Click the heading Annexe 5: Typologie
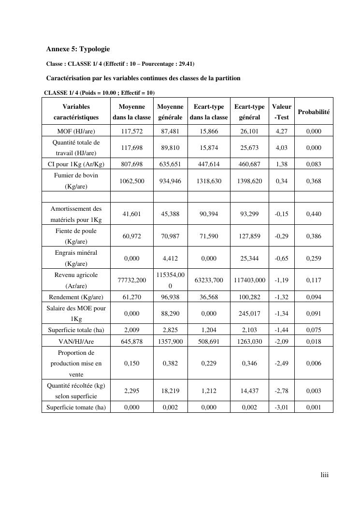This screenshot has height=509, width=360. [78, 49]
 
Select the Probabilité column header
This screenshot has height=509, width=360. [314, 112]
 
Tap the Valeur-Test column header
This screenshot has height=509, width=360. [282, 112]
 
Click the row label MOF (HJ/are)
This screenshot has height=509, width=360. [76, 131]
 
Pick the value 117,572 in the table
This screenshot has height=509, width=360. [132, 131]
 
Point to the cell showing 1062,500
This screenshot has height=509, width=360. [132, 181]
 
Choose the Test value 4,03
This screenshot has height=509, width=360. [282, 147]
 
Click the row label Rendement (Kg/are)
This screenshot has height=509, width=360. [76, 297]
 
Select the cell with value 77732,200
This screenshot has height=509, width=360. [132, 280]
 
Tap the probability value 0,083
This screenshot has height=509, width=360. [314, 164]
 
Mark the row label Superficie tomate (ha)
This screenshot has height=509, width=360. [76, 407]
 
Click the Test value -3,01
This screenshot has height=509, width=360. [282, 407]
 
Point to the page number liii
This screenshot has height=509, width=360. [325, 475]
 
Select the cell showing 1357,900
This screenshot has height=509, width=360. [170, 341]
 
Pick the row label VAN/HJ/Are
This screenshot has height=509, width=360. [76, 341]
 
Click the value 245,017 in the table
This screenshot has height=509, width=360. [249, 313]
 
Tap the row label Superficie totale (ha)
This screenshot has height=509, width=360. [76, 330]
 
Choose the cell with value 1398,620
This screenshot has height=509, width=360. [249, 181]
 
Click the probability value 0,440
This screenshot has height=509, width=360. [314, 214]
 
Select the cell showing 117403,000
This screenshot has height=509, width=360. [249, 280]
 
